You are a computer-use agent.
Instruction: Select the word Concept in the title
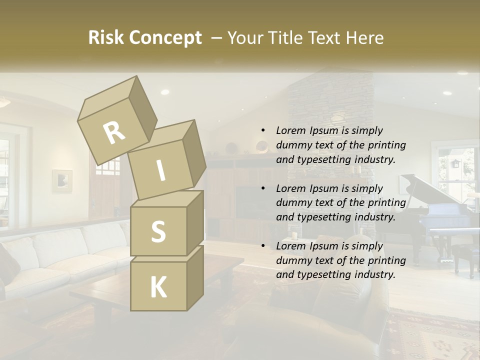click(x=165, y=38)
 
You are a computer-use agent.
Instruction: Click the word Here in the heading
click(x=364, y=37)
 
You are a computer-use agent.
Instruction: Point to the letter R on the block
click(x=114, y=132)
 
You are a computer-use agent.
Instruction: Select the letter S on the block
click(x=158, y=231)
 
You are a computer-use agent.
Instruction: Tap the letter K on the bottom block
click(x=158, y=287)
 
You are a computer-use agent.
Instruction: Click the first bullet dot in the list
click(x=263, y=130)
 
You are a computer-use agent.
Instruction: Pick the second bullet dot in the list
click(x=263, y=188)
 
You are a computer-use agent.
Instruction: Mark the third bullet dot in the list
click(x=263, y=246)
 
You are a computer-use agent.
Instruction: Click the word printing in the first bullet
click(x=386, y=145)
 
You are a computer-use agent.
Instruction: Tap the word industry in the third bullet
click(x=374, y=274)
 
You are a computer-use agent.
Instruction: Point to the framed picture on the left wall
click(x=62, y=180)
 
